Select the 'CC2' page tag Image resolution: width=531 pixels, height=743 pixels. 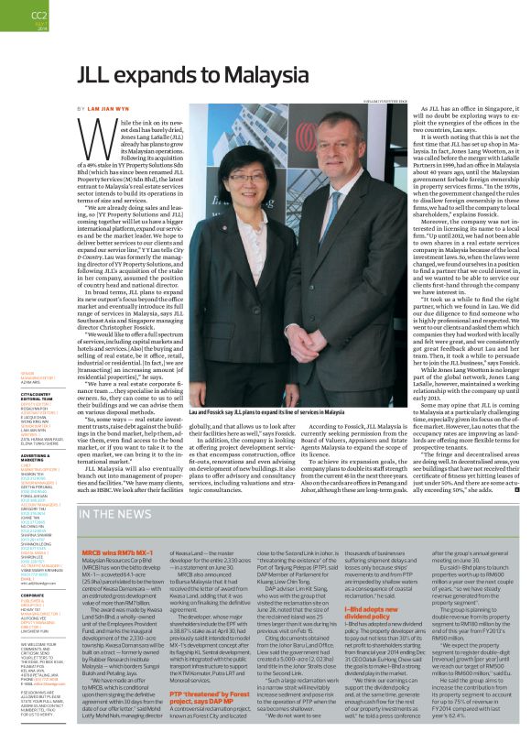pyautogui.click(x=14, y=15)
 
